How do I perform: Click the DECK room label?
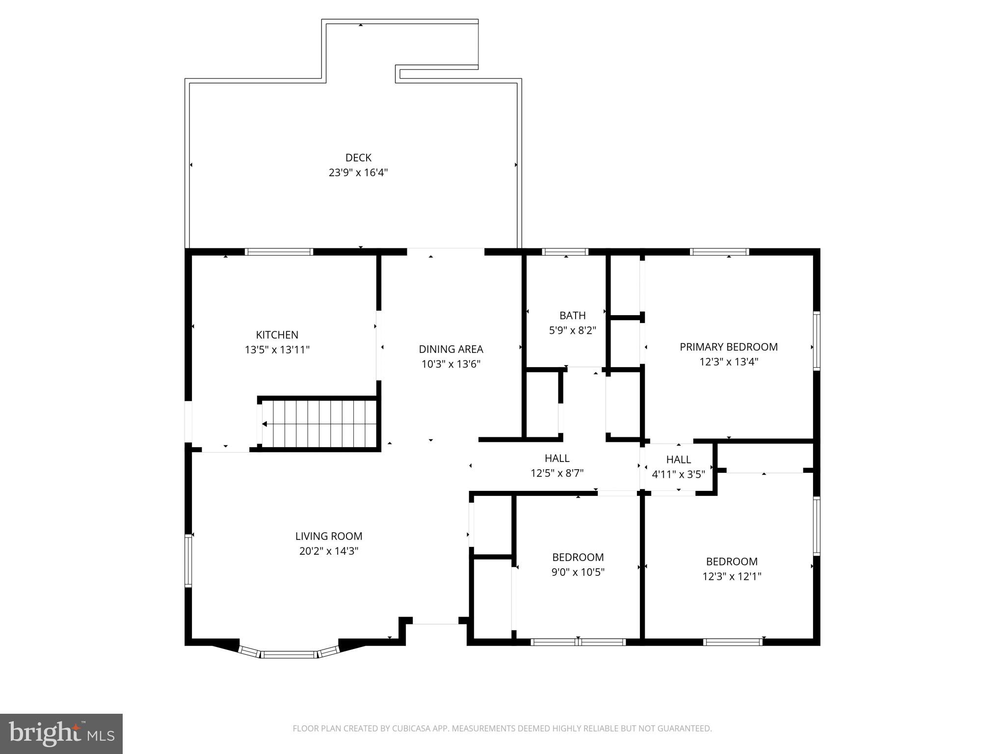tap(358, 158)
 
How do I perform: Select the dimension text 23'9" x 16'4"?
tap(358, 173)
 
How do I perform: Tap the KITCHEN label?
tap(277, 335)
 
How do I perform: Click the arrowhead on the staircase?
tap(264, 424)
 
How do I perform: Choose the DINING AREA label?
tap(450, 349)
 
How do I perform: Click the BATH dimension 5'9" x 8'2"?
tap(572, 330)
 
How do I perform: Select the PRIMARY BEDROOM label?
tap(728, 347)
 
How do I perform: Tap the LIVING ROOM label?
tap(328, 536)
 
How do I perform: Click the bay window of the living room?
tap(289, 654)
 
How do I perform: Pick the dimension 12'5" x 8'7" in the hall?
tap(556, 473)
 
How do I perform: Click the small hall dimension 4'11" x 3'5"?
tap(678, 474)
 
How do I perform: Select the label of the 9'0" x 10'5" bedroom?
tap(578, 557)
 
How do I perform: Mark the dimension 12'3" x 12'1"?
tap(731, 576)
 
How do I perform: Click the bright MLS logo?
tap(61, 733)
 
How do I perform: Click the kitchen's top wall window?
tap(279, 252)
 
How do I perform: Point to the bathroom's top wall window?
tap(565, 252)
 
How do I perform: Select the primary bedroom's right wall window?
tap(817, 341)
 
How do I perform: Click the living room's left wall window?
tap(188, 561)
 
